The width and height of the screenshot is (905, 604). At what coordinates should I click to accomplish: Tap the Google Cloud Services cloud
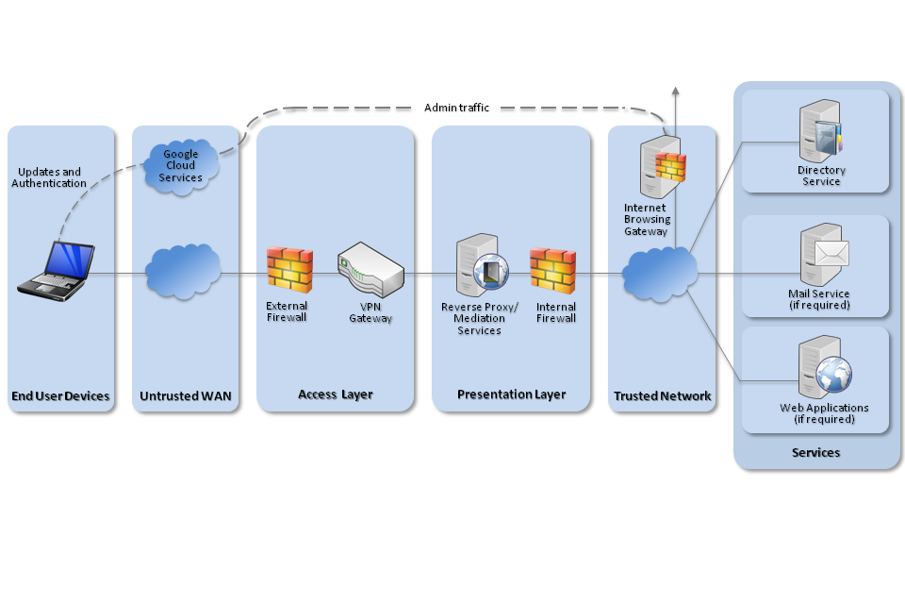pyautogui.click(x=182, y=165)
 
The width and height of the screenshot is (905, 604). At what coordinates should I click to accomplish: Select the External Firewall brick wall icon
pyautogui.click(x=288, y=271)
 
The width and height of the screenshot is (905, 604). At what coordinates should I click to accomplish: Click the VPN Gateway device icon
pyautogui.click(x=370, y=269)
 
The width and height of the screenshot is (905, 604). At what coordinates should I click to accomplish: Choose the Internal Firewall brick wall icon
pyautogui.click(x=553, y=271)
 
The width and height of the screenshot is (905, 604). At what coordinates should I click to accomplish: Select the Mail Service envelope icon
pyautogui.click(x=832, y=253)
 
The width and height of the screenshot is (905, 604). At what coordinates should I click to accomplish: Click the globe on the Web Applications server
pyautogui.click(x=834, y=374)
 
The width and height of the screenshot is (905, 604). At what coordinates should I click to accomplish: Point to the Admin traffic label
pyautogui.click(x=456, y=108)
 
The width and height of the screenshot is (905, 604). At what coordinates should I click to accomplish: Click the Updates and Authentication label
pyautogui.click(x=49, y=177)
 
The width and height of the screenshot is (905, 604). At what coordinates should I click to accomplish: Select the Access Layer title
pyautogui.click(x=335, y=394)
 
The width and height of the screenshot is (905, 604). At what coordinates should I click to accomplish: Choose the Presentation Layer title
pyautogui.click(x=511, y=394)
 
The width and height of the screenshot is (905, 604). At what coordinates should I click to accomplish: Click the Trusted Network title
pyautogui.click(x=662, y=396)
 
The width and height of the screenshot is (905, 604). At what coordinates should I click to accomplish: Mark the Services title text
pyautogui.click(x=815, y=453)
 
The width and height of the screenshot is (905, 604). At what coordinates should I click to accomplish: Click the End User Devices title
pyautogui.click(x=60, y=396)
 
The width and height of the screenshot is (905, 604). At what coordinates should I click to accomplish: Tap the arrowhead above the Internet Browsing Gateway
pyautogui.click(x=675, y=92)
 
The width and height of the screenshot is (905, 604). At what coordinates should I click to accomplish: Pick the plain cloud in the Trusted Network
pyautogui.click(x=660, y=271)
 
